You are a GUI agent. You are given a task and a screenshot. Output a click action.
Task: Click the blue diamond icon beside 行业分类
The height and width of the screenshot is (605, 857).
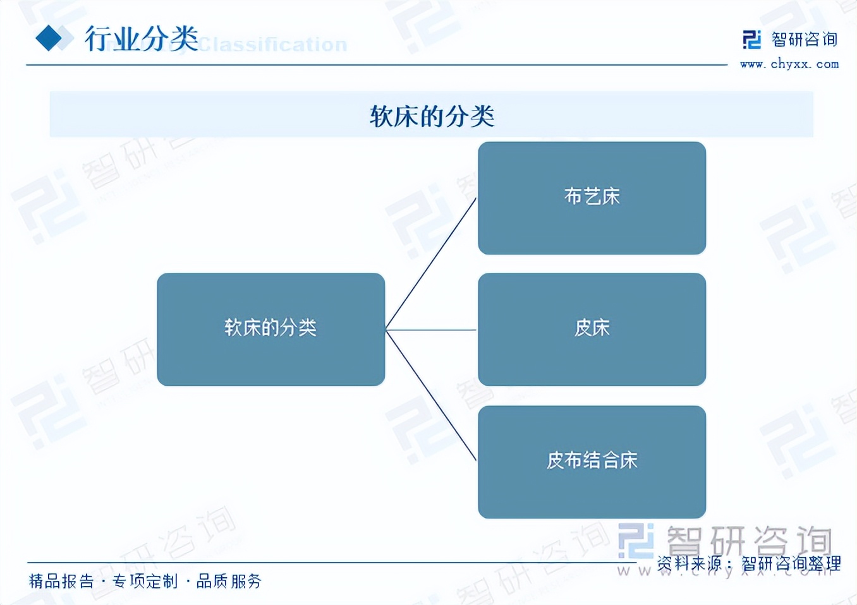(49, 38)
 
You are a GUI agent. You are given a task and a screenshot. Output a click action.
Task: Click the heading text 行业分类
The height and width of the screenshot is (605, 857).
(142, 39)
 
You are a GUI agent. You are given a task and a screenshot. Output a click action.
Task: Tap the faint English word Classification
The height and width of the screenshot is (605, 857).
(273, 45)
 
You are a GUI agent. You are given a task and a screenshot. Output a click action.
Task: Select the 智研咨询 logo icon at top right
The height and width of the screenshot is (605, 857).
(751, 40)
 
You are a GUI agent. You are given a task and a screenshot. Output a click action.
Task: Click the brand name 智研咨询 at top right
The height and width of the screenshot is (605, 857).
(805, 40)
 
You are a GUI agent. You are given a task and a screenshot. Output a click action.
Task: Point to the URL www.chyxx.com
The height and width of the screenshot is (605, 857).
(789, 64)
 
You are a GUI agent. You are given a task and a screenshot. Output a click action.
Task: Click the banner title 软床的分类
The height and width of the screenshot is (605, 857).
(432, 116)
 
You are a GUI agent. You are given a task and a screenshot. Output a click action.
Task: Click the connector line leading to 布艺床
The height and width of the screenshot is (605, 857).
(431, 263)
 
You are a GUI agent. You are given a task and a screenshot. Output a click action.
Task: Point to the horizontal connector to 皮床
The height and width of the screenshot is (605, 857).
(431, 330)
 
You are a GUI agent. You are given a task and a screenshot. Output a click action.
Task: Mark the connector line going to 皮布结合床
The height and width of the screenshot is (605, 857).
(431, 396)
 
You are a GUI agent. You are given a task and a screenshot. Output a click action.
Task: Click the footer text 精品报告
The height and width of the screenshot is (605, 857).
(61, 581)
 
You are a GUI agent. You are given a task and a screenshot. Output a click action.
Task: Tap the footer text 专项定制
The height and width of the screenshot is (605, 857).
(145, 581)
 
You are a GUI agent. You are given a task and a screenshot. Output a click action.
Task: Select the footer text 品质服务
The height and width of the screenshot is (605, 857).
(229, 581)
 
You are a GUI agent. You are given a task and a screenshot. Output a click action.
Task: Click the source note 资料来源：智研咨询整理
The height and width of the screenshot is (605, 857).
(748, 563)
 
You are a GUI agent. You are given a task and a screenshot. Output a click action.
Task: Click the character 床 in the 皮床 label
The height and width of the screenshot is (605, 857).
(601, 328)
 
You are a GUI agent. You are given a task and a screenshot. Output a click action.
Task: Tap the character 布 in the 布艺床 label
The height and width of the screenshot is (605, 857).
(573, 196)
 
